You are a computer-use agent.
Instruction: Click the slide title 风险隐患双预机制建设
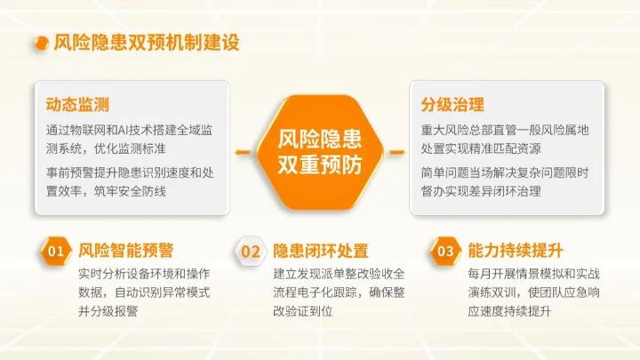146,43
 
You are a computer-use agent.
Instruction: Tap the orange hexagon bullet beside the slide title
39,43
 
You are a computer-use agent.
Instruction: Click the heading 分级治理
452,104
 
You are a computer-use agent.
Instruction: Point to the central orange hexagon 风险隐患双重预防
320,151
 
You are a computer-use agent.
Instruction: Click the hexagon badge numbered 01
55,252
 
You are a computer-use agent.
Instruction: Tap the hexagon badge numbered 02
251,252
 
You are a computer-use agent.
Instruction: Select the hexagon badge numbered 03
445,252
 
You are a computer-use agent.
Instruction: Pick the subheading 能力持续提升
516,251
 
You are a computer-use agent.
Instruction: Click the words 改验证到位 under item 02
303,311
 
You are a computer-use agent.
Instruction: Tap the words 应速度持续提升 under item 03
516,311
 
